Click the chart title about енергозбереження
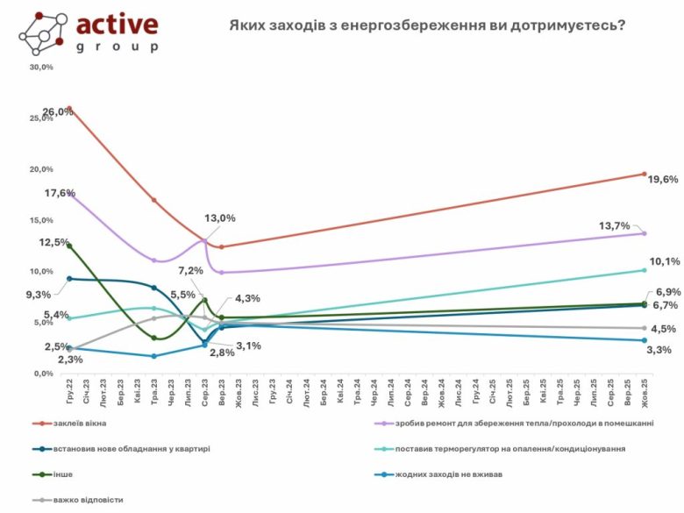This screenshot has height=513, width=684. coord(427,26)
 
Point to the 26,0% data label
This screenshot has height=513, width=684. coord(58,111)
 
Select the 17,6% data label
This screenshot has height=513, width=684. coord(59,193)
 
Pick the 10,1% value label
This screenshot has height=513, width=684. coord(663,261)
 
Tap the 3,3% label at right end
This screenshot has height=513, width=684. coord(659,350)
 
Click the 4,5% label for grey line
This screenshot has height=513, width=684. coord(663,330)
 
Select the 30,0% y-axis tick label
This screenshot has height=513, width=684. coord(41,67)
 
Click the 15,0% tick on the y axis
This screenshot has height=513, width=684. coord(41,220)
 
